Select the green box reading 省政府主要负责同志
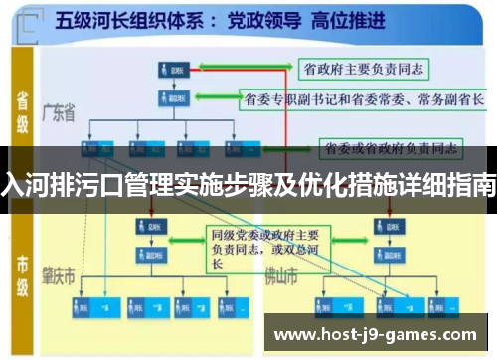[361, 67]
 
